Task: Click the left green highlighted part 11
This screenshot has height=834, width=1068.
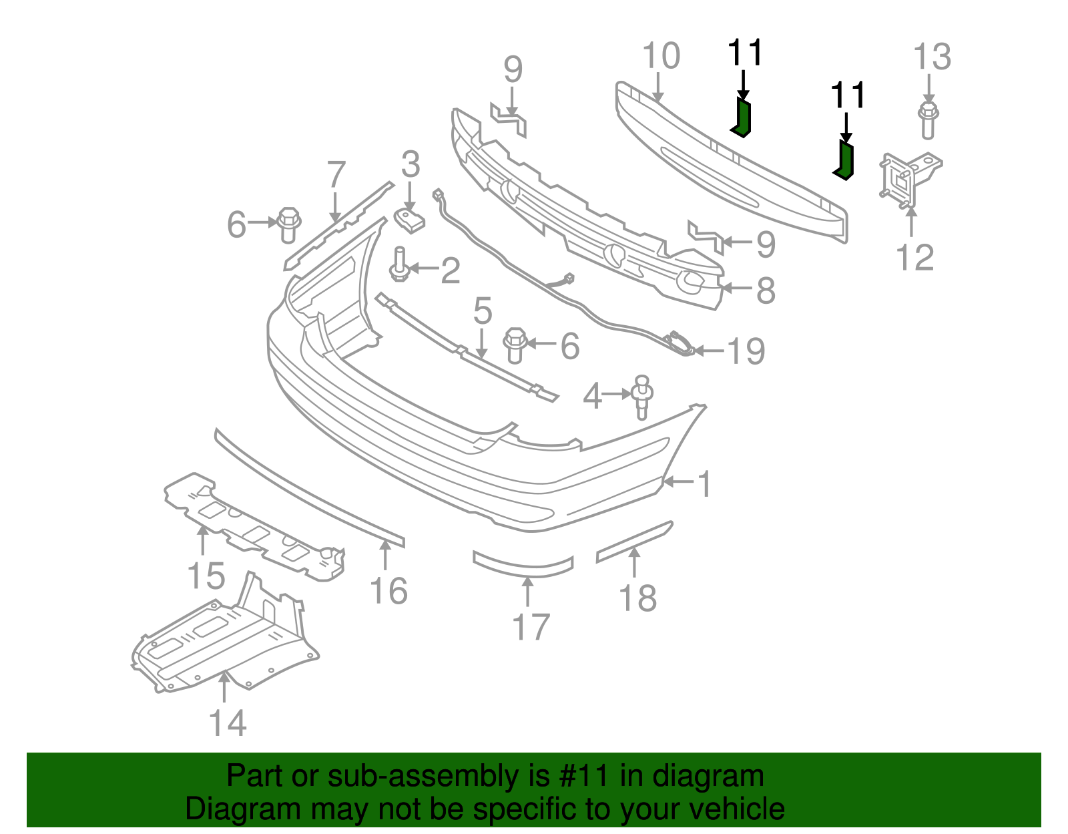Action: click(742, 118)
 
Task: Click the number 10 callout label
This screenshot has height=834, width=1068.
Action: click(661, 56)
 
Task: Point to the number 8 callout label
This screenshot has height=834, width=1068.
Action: click(766, 290)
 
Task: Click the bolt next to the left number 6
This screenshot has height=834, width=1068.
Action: click(288, 224)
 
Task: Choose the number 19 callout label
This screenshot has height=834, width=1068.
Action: click(746, 351)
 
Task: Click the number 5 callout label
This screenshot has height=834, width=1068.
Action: click(483, 312)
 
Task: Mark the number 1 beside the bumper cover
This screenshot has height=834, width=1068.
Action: click(705, 484)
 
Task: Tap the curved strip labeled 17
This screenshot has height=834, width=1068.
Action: click(523, 565)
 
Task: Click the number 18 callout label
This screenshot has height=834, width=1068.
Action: click(638, 598)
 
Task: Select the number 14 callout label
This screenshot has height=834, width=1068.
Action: click(228, 723)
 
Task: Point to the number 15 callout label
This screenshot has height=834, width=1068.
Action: click(206, 576)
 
